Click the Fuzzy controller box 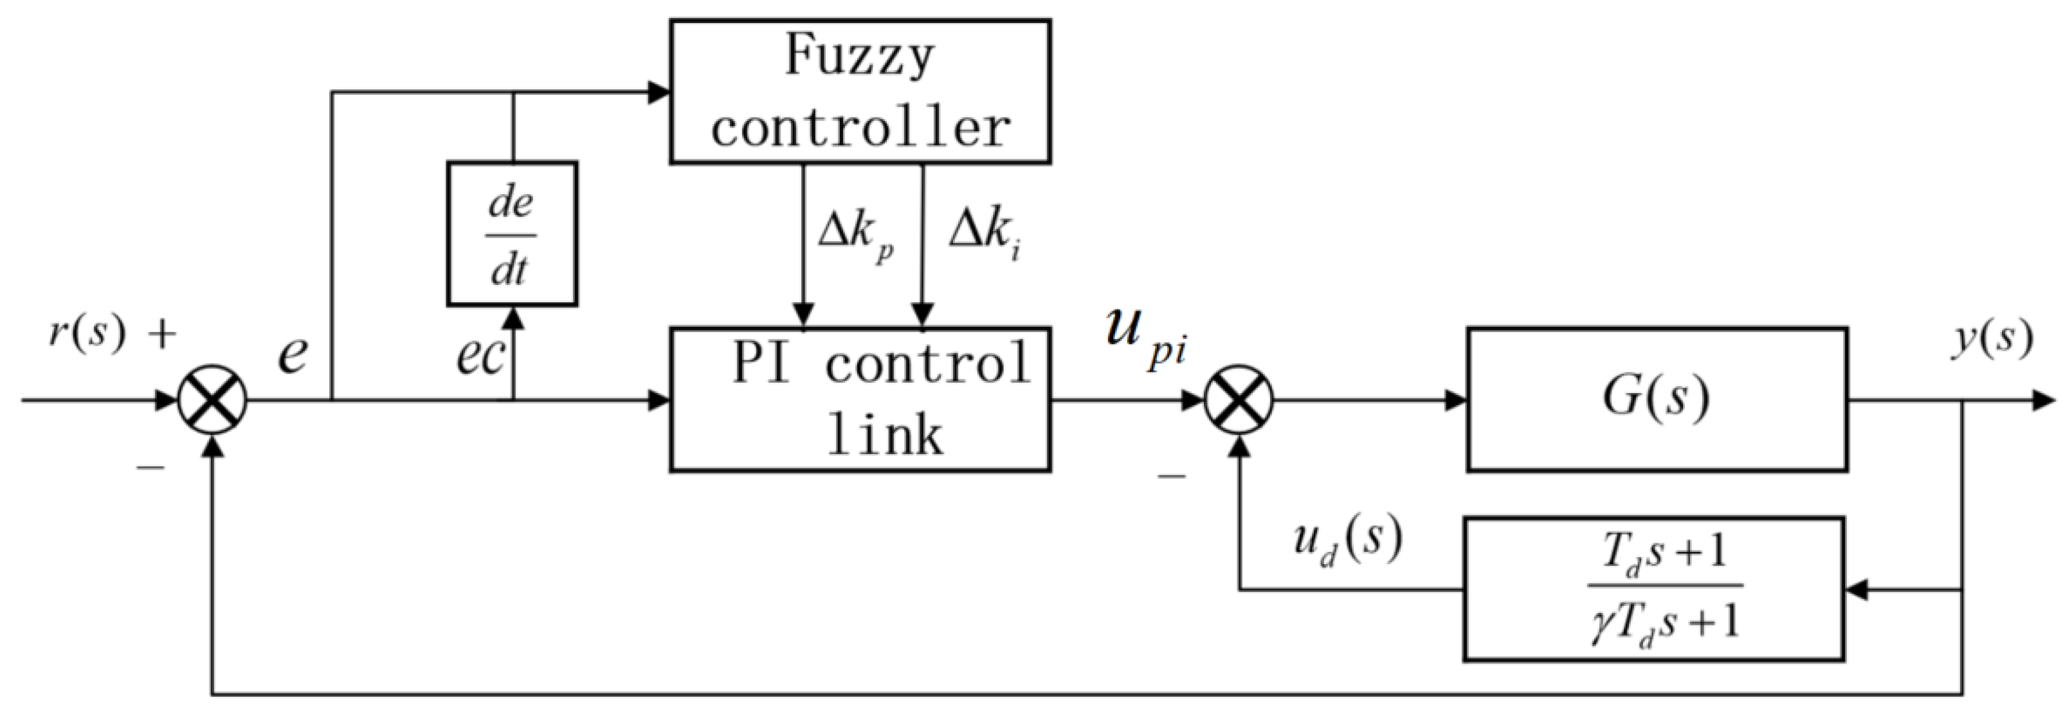860,92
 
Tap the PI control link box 860,399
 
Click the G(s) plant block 1656,399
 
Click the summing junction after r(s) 212,399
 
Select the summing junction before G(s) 1239,399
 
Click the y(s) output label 1992,338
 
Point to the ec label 479,356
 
